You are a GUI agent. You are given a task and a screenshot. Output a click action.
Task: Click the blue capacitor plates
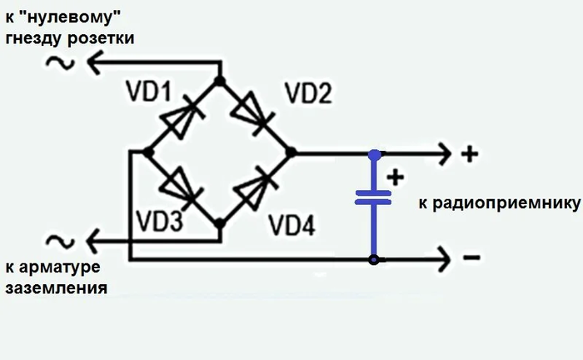(373, 197)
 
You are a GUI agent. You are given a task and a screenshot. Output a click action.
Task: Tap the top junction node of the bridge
(220, 81)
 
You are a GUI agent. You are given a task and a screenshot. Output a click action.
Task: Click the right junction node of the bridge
(290, 152)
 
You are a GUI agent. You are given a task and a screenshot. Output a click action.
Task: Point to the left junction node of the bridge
(147, 152)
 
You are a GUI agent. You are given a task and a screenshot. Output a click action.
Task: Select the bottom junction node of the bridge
(220, 224)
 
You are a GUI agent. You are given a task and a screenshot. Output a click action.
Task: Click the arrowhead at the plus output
(443, 153)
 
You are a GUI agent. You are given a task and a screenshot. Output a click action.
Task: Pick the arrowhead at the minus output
(443, 259)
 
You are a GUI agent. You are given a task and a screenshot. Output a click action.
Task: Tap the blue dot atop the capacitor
(375, 154)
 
